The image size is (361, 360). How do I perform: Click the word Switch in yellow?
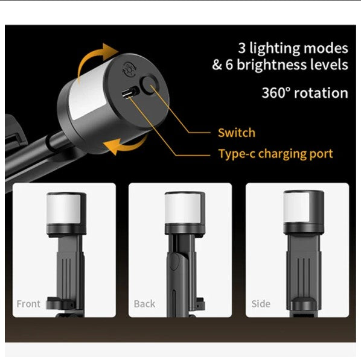point(237,133)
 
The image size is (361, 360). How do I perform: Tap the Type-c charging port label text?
point(276,154)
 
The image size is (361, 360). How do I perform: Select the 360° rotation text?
point(305,93)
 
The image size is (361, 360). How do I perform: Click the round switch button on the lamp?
point(150,84)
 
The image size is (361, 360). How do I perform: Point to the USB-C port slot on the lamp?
point(130,92)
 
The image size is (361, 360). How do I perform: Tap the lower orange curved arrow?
point(126,144)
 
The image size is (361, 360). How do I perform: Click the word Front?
point(28,304)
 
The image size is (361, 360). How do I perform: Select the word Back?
point(144,304)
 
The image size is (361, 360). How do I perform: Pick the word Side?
point(261,304)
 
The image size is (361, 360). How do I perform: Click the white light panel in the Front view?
point(64,209)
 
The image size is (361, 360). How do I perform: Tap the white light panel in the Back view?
point(179,208)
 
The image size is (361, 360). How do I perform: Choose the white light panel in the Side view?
point(296,207)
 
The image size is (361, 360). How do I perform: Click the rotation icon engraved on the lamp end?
point(130,69)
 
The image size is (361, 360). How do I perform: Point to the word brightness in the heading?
point(272,65)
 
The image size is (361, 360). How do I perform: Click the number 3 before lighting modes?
point(241,48)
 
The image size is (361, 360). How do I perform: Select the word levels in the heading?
point(329,65)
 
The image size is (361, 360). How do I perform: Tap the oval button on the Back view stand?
point(174,261)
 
